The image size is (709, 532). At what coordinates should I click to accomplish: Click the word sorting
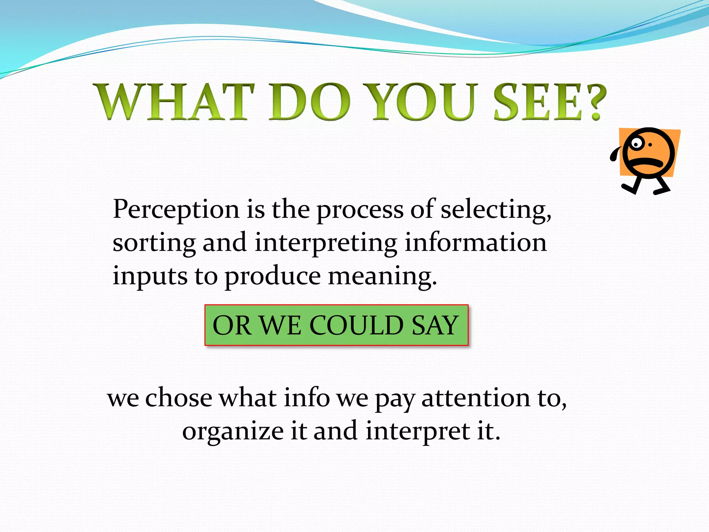(154, 243)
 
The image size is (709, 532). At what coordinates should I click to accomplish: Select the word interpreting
(326, 243)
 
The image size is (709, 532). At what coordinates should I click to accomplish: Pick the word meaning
(383, 277)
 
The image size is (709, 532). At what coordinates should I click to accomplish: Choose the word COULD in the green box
(356, 326)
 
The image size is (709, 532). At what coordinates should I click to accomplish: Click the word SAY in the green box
(435, 326)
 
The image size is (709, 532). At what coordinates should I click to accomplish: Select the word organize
(233, 432)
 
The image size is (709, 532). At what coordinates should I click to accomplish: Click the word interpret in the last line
(418, 432)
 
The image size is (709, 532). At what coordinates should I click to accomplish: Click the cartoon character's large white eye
(636, 143)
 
